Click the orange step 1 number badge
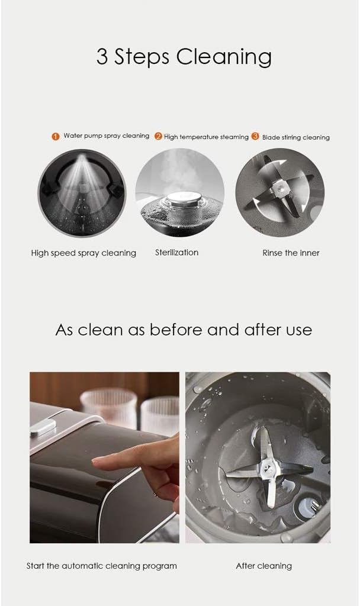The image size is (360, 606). [x=56, y=136]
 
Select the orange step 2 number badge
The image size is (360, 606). [x=158, y=136]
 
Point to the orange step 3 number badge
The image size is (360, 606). [x=255, y=136]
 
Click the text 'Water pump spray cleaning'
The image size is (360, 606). [x=107, y=136]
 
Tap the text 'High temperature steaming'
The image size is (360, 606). [x=206, y=137]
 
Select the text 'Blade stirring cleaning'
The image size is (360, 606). [x=296, y=137]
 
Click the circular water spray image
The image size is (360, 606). [x=82, y=193]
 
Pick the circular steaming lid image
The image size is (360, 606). [x=179, y=193]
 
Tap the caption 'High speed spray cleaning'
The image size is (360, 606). [x=83, y=253]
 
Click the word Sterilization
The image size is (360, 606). [x=177, y=252]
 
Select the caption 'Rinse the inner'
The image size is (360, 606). [x=291, y=253]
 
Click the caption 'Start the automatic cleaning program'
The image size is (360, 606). [x=102, y=566]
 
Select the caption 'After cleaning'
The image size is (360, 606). [x=263, y=566]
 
